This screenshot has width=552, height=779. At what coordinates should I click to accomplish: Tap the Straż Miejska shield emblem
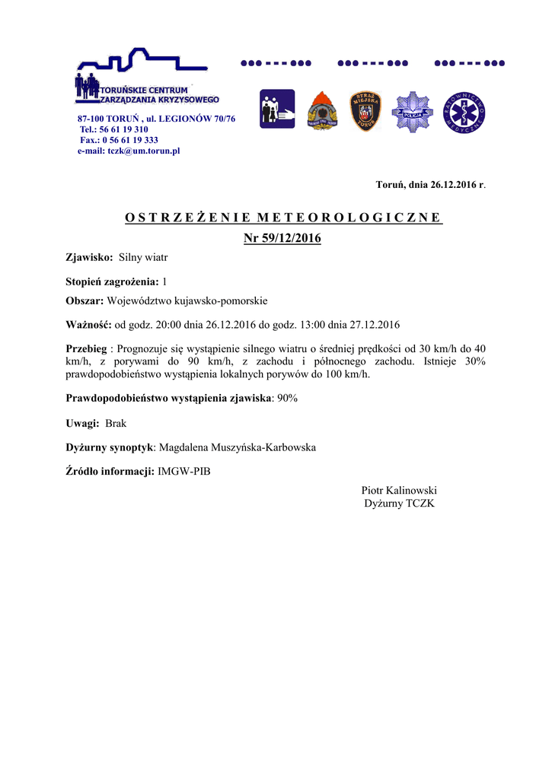365,111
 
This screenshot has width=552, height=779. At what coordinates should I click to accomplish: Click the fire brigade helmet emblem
322,112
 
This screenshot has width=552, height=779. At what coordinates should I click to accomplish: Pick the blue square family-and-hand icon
277,110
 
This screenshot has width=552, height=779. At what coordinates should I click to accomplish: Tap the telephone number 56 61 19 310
123,129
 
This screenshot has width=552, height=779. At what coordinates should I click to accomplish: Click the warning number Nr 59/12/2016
282,239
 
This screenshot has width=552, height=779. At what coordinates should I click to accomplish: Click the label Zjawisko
89,259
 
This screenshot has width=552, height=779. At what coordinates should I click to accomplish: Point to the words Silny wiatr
143,259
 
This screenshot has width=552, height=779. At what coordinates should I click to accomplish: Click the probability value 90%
287,398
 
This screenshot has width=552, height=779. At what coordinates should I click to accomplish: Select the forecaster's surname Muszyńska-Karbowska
262,447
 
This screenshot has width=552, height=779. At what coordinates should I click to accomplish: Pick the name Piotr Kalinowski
399,491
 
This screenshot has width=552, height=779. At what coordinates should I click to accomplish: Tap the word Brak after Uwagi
116,422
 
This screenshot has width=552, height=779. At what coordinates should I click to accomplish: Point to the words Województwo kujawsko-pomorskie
187,300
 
